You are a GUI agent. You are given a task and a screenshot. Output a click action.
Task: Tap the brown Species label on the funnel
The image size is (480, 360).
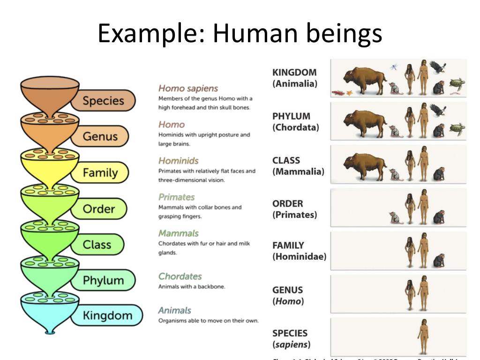click(x=103, y=101)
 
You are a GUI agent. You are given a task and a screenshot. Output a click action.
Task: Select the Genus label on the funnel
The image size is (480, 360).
click(x=100, y=136)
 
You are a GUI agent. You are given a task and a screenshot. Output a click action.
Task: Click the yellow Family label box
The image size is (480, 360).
click(x=100, y=173)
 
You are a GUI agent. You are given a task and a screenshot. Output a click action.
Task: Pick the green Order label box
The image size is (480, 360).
click(x=98, y=209)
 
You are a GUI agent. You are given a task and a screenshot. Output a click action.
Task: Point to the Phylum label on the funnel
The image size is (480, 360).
click(x=103, y=280)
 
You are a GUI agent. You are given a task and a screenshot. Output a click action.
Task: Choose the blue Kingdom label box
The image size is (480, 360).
click(x=107, y=315)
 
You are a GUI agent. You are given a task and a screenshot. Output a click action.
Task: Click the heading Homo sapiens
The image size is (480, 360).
click(x=188, y=88)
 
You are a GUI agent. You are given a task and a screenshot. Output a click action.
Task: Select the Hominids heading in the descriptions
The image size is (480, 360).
click(x=178, y=161)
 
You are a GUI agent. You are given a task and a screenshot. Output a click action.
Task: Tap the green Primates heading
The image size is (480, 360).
click(x=176, y=197)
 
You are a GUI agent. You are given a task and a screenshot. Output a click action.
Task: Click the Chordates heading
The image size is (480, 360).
click(x=180, y=276)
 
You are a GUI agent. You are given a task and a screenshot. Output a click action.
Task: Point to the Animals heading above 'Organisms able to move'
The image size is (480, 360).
click(x=174, y=310)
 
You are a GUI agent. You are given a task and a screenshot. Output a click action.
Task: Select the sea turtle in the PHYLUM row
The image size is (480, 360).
click(x=457, y=128)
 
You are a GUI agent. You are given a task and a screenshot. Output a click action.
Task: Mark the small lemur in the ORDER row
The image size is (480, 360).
click(x=394, y=217)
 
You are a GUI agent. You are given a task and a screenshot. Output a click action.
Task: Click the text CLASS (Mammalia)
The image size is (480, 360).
click(x=298, y=166)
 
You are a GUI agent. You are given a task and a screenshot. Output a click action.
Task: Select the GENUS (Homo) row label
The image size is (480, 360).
click(x=288, y=295)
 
